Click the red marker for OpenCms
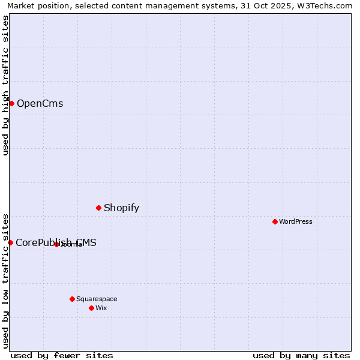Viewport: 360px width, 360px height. tap(11, 103)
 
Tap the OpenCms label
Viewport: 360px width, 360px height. tap(40, 104)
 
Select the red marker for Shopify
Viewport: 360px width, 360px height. tap(98, 208)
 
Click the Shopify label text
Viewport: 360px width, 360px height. tap(121, 208)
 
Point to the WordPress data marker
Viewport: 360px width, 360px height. tap(275, 221)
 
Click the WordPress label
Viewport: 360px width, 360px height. tap(295, 222)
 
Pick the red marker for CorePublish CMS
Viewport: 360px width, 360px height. tap(10, 242)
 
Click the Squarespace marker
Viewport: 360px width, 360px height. tap(72, 299)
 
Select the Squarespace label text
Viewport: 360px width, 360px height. tap(97, 299)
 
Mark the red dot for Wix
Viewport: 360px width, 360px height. tap(91, 308)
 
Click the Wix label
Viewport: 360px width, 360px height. tap(101, 308)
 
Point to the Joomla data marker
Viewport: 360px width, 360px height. tap(56, 244)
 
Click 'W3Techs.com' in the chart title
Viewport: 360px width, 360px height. tap(326, 6)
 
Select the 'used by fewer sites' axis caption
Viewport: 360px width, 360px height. tap(62, 355)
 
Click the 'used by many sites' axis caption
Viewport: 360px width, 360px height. tap(301, 355)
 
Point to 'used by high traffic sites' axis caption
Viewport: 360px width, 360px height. tap(6, 85)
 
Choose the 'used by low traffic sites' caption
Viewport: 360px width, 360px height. tap(6, 280)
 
